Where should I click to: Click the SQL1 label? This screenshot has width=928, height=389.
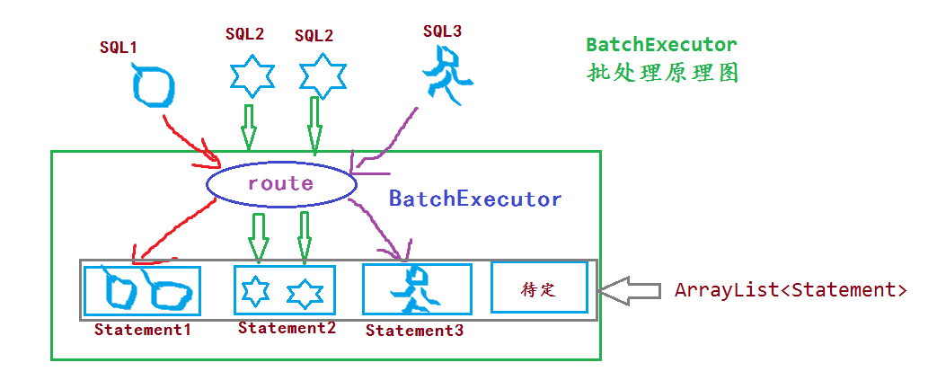click(x=119, y=47)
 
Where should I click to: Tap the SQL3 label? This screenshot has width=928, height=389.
click(x=442, y=31)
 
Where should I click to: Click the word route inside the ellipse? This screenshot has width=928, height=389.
click(x=280, y=184)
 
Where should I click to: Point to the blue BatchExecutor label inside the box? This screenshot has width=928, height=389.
click(x=474, y=199)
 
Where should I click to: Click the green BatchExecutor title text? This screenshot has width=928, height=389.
click(x=661, y=45)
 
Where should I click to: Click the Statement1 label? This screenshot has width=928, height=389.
click(x=143, y=330)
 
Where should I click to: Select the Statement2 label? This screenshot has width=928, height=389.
click(x=287, y=328)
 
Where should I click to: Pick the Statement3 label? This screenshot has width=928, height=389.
click(x=414, y=331)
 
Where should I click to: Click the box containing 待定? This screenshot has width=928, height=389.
click(x=539, y=287)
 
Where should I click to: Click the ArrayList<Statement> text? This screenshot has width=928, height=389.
click(x=791, y=290)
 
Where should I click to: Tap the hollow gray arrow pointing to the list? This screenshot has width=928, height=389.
click(x=629, y=290)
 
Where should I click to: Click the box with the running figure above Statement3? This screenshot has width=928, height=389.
click(x=417, y=288)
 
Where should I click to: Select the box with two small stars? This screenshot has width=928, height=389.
click(x=284, y=289)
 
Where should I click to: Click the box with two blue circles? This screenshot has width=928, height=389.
click(x=142, y=290)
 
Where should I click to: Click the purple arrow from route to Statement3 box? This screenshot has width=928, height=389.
click(x=377, y=225)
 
